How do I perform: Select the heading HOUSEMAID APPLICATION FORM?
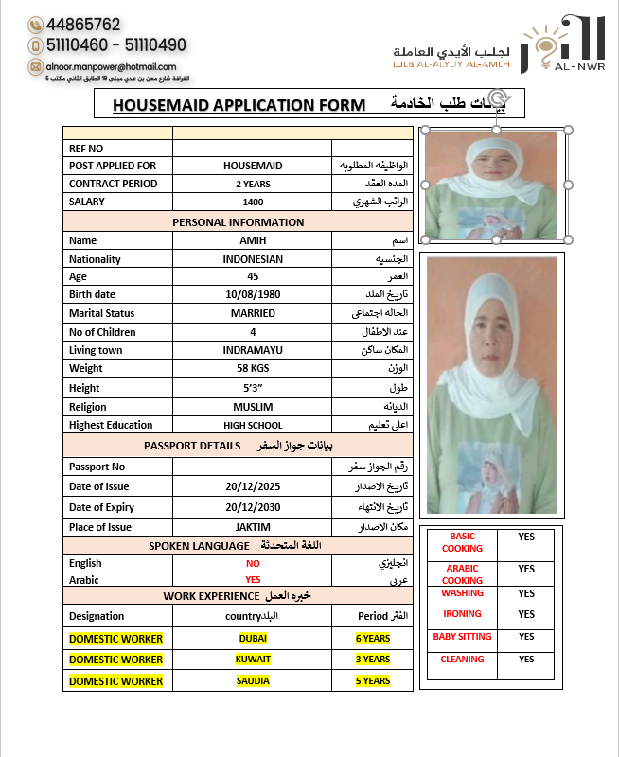239,105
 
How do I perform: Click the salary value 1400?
253,202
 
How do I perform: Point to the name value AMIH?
253,240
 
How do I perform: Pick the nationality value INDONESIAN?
253,259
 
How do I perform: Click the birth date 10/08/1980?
253,294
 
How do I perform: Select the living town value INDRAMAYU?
253,350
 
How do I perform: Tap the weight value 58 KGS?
253,368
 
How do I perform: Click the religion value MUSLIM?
253,407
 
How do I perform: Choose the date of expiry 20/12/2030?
253,508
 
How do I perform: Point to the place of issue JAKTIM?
253,527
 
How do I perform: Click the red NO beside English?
253,563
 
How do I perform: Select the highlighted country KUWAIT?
253,660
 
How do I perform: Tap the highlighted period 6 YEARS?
373,639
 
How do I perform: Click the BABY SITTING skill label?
462,637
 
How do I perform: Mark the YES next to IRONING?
526,614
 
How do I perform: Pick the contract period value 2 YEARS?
253,184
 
